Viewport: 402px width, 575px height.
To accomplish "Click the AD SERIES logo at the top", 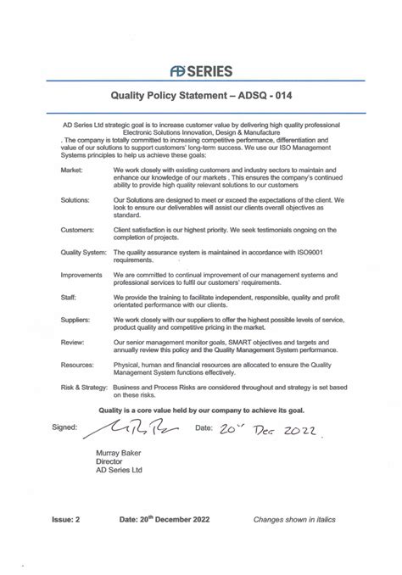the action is click(201, 71).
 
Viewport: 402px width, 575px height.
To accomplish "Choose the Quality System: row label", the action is click(83, 253).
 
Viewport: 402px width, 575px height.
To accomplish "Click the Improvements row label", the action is click(82, 275).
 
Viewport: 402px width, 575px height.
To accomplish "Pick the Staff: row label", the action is click(70, 297).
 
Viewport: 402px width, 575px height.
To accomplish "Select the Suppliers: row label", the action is click(76, 319).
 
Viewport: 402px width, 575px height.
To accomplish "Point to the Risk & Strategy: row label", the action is click(84, 385).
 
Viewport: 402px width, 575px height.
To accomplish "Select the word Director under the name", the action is click(109, 461).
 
